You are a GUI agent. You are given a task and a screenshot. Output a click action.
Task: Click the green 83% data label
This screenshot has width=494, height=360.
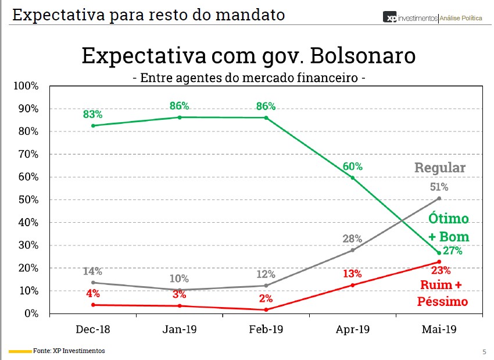92,114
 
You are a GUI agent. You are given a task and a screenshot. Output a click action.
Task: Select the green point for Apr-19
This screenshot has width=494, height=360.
353,177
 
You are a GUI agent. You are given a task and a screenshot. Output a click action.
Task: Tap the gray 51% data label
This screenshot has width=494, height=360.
439,187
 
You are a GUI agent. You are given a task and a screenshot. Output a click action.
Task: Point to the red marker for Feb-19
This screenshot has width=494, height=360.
266,309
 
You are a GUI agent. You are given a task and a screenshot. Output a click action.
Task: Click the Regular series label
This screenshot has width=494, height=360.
440,168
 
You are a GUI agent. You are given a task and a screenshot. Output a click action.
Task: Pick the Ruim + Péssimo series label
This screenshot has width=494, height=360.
442,293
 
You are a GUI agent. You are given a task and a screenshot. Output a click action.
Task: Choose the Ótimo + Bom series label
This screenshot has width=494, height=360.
449,228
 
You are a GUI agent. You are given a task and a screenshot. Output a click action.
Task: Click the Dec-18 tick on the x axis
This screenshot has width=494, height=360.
92,329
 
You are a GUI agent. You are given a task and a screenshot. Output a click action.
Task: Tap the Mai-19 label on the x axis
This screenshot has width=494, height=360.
439,329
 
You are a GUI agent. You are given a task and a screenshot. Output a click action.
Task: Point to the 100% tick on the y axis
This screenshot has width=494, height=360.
26,86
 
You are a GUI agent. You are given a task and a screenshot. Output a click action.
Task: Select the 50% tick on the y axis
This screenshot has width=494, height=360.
28,200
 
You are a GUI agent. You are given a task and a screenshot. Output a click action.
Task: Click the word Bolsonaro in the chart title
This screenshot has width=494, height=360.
359,55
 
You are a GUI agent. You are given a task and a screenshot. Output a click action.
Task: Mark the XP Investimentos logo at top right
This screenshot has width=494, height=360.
432,18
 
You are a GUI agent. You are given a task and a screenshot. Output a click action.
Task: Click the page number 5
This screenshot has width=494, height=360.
484,351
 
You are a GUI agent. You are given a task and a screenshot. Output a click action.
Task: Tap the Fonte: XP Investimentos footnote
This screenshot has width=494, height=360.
69,351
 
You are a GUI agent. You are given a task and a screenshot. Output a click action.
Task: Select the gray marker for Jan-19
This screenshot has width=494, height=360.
180,290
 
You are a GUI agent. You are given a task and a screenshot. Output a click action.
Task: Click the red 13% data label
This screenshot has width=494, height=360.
353,273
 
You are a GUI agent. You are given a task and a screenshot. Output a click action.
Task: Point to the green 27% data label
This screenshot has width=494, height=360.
452,251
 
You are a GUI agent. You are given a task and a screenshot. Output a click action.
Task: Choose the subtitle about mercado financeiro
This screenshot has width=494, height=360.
249,77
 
